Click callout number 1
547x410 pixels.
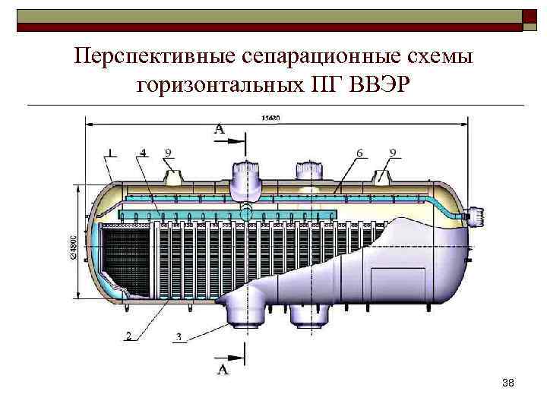(x=112, y=153)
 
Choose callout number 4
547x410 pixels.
(x=143, y=153)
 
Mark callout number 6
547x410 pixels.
(x=359, y=153)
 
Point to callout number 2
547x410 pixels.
(x=128, y=335)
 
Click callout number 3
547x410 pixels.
(x=178, y=336)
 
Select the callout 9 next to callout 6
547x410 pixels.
(x=393, y=153)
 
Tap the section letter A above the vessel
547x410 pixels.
(x=219, y=130)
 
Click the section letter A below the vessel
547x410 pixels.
(x=223, y=370)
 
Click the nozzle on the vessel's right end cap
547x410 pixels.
(x=477, y=216)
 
